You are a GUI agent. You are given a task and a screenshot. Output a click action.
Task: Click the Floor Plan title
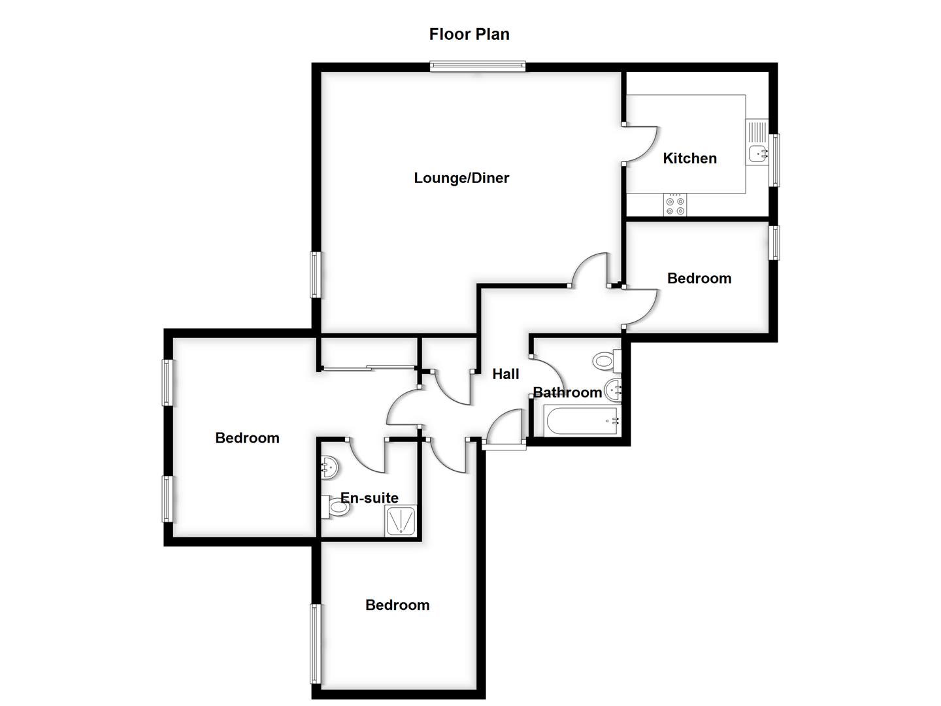pos(469,34)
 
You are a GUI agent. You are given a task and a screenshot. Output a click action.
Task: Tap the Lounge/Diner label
pos(461,178)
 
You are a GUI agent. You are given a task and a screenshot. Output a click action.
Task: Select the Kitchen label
pos(689,158)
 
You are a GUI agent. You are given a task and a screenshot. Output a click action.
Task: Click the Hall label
pos(505,374)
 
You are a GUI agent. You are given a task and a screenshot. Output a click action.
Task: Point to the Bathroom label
pos(567,392)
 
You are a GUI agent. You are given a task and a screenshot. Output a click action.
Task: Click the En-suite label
pos(369,498)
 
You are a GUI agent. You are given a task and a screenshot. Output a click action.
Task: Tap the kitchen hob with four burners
pos(675,206)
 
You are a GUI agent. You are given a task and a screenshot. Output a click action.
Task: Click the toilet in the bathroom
pos(605,360)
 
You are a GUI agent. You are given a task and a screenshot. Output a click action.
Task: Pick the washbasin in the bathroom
pos(614,390)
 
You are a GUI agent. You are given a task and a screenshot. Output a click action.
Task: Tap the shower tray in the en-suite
pos(401,522)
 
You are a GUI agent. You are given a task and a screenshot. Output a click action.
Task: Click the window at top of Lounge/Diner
pos(478,65)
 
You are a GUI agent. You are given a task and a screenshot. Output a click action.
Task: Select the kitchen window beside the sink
pos(774,160)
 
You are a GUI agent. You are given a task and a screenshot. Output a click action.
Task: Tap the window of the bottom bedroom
pos(315,644)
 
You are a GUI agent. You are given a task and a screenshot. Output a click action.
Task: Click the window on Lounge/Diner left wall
pos(315,275)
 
